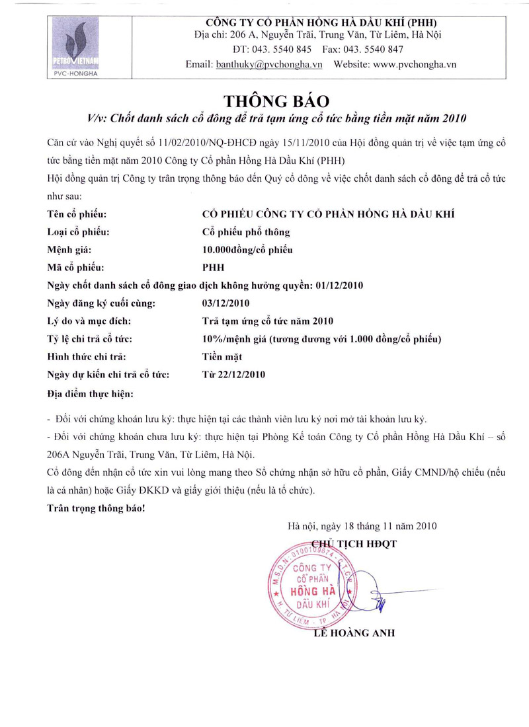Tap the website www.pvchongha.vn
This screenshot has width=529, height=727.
[415, 65]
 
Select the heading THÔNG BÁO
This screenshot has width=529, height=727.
[276, 101]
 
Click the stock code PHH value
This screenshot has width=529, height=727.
[212, 268]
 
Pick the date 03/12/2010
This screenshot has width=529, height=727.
[224, 303]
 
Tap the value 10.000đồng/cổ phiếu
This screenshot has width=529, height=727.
[247, 250]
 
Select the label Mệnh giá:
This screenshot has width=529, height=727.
[69, 250]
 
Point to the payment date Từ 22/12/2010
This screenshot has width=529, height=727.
[233, 375]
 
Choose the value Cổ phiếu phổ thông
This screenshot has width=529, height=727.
[245, 232]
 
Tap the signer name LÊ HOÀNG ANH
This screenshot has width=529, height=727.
[355, 633]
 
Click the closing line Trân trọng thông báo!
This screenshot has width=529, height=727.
[95, 508]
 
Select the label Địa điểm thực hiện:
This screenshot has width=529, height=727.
[91, 394]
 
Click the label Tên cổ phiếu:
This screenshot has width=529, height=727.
[77, 214]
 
